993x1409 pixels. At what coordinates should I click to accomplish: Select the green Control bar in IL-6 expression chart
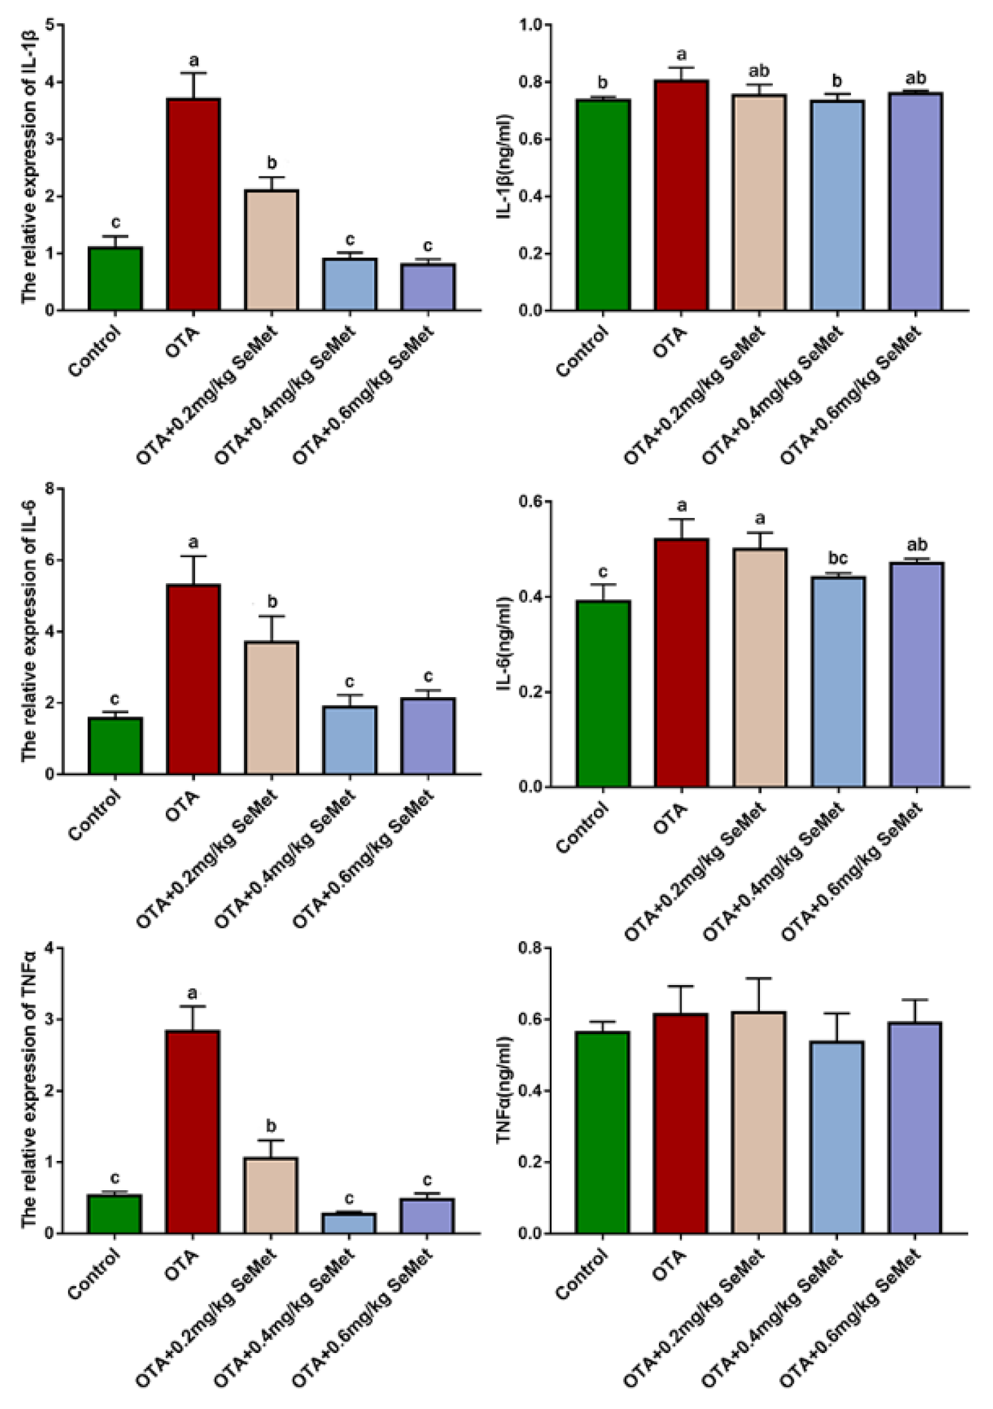click(115, 745)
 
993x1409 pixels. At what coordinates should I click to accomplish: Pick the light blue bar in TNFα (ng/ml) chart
click(838, 1137)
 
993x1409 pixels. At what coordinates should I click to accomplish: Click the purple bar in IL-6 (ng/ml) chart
click(916, 674)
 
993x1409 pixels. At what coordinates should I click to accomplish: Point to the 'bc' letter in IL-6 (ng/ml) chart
click(838, 559)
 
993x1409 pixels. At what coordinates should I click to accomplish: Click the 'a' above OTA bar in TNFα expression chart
click(193, 992)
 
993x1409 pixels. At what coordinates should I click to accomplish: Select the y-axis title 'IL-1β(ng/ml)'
click(506, 167)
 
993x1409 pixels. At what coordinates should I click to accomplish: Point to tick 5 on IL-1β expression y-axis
click(49, 25)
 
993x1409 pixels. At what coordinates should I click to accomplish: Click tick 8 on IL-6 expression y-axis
click(49, 489)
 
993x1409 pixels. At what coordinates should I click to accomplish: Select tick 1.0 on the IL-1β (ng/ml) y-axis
click(531, 25)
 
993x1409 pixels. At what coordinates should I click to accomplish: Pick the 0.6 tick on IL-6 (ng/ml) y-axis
click(531, 501)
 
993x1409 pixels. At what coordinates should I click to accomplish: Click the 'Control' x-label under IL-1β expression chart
click(95, 352)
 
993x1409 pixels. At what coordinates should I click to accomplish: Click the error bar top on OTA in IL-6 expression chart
click(193, 556)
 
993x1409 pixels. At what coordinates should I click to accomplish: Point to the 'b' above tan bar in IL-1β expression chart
click(271, 163)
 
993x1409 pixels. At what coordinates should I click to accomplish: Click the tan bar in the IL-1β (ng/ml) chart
click(759, 203)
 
